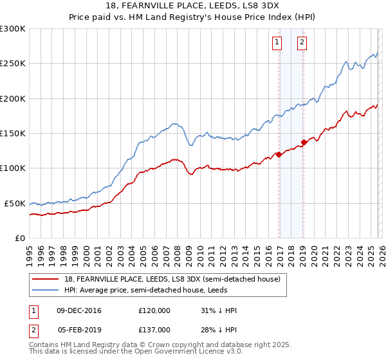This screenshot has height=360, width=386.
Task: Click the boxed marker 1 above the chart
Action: coord(277,43)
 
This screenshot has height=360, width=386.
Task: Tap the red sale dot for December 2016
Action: coord(279,154)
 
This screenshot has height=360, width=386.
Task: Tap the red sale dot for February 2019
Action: coord(304,143)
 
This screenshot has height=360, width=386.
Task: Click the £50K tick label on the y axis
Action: coord(15,203)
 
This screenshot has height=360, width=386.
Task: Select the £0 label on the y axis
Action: coord(20,238)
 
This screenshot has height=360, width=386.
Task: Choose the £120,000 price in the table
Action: coord(154,310)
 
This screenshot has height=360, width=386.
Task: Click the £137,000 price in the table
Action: coord(154,329)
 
